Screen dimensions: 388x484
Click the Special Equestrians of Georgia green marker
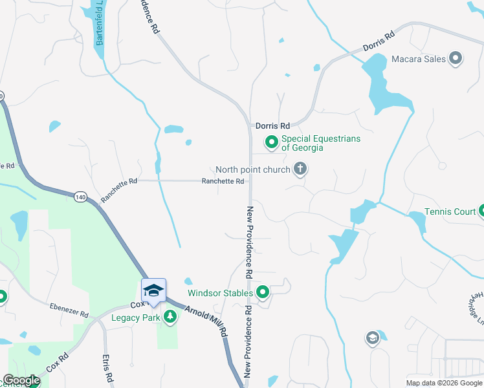272,142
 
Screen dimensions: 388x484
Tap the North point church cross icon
300,169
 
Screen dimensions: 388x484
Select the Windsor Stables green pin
263,293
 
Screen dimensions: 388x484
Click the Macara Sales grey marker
456,59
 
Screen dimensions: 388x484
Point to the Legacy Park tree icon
170,317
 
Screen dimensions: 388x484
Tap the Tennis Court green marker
481,211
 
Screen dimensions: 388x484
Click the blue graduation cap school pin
154,289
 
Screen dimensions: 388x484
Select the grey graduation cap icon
372,338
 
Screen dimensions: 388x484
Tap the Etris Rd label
107,367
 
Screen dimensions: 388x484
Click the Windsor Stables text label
220,293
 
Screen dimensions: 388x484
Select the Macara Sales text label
419,59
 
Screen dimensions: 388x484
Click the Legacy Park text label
135,318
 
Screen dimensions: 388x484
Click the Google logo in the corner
21,381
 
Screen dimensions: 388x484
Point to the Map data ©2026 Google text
443,383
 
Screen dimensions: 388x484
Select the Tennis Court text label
450,212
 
